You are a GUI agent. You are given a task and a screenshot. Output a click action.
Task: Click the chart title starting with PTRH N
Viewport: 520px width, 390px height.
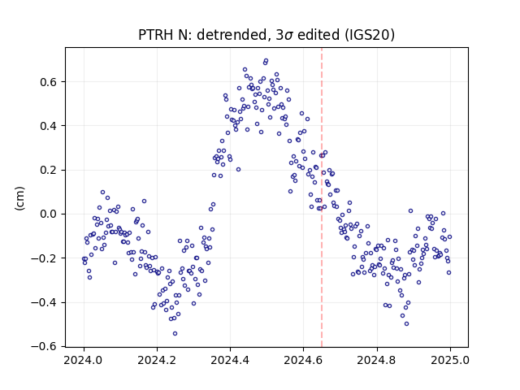[266, 35]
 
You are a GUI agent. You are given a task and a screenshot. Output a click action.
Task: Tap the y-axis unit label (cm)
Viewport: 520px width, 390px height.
[19, 198]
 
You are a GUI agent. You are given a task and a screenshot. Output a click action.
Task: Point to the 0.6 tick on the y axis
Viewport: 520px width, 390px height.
[50, 82]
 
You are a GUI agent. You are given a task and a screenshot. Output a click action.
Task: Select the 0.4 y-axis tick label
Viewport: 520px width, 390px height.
[50, 126]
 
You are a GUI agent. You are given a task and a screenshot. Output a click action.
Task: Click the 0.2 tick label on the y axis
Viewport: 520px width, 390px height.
[50, 170]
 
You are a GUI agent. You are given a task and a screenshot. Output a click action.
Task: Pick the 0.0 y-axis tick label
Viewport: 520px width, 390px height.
[50, 214]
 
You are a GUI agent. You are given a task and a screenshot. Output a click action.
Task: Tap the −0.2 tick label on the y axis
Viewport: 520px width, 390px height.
[45, 258]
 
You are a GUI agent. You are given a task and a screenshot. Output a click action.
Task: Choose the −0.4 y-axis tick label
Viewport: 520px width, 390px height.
[45, 302]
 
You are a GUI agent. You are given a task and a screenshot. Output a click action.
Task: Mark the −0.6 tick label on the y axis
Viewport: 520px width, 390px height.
[45, 347]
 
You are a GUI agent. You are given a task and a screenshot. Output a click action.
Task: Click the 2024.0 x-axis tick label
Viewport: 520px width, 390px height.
[84, 360]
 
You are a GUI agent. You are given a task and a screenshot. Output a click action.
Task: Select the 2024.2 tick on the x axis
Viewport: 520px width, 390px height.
[157, 360]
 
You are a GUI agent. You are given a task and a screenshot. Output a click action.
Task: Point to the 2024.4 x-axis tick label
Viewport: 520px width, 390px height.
[230, 360]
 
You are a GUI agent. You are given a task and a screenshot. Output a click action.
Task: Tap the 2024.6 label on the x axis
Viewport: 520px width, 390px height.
[303, 360]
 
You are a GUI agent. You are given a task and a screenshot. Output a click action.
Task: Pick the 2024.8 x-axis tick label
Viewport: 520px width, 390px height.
[377, 360]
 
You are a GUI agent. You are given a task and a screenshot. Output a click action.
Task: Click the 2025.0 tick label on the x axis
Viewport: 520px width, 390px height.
[450, 360]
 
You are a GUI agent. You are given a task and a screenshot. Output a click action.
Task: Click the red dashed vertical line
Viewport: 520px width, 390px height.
[322, 197]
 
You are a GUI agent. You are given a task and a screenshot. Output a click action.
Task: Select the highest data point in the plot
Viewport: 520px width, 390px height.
[266, 61]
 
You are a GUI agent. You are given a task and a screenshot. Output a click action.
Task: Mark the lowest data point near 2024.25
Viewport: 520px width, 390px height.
[175, 334]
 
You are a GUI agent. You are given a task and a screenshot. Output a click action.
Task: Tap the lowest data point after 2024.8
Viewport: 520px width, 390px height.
[406, 323]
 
